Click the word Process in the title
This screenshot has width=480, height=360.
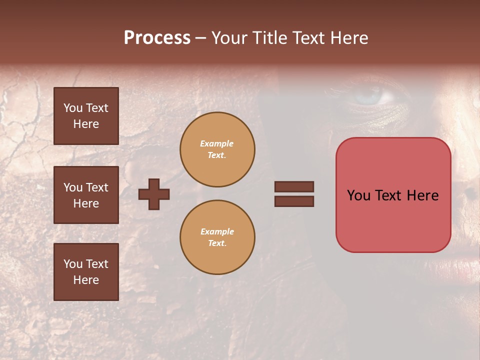point(157,38)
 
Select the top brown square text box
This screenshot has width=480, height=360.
point(86,116)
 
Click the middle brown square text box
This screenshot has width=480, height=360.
point(86,195)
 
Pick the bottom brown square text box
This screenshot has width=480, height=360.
point(86,272)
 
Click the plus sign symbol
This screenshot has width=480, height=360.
point(154,194)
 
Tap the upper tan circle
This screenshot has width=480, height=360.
point(217,149)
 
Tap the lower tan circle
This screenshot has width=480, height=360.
point(217,237)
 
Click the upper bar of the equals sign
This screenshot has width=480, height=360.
point(294,186)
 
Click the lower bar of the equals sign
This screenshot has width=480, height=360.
point(294,201)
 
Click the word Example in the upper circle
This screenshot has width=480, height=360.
point(217,143)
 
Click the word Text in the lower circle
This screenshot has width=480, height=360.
point(217,243)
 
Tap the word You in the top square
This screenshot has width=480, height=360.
point(73,108)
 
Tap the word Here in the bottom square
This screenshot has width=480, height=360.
point(86,280)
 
